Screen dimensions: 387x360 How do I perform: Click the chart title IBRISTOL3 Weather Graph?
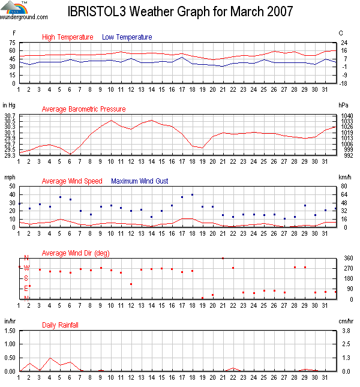[x=180, y=12]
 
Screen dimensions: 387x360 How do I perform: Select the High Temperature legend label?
[x=68, y=37]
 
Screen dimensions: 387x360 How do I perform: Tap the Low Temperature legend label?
[x=127, y=37]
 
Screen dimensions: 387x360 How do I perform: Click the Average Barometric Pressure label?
[x=83, y=109]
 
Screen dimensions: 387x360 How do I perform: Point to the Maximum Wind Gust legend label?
[x=140, y=181]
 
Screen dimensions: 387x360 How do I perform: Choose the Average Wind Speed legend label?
[x=72, y=181]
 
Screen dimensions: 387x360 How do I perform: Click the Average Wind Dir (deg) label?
[x=76, y=253]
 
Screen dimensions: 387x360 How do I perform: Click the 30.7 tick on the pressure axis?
[x=10, y=115]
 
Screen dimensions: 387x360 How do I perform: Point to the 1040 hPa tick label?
[x=346, y=115]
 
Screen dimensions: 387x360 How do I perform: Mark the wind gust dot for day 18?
[x=192, y=194]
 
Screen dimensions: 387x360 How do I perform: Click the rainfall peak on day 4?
[x=50, y=358]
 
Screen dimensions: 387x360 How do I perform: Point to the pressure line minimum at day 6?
[x=71, y=154]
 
